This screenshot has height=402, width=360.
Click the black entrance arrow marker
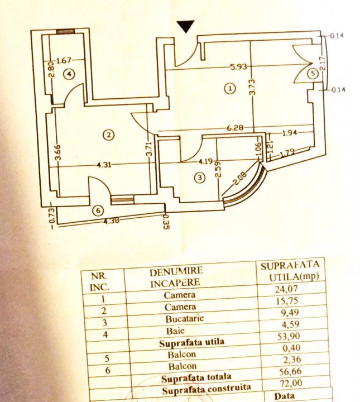point(185,26)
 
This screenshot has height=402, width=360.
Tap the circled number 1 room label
point(229,89)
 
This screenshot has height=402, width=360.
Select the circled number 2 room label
point(109,135)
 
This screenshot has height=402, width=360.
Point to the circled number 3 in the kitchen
point(200,178)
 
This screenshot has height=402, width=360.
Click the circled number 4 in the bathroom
point(69,74)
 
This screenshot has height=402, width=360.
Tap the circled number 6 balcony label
point(98,211)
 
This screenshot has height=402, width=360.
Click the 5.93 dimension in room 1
point(238,67)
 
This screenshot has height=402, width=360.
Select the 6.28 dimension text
point(235,127)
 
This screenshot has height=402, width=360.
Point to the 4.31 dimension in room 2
point(104,164)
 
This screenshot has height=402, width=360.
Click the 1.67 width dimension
point(64,60)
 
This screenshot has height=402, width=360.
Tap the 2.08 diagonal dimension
point(239,178)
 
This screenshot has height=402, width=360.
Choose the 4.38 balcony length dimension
point(111,220)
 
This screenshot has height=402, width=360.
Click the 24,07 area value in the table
point(286,289)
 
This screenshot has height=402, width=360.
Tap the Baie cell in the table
point(175,331)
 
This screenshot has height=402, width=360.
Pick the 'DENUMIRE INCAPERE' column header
point(175,277)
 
